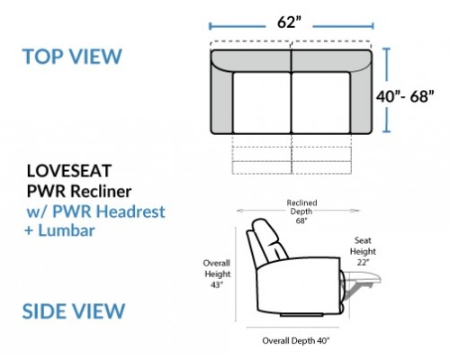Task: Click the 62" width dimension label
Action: [289, 22]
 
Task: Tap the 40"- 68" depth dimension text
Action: [405, 96]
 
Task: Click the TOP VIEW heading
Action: [72, 56]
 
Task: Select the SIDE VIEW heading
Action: [74, 310]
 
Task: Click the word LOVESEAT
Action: [69, 171]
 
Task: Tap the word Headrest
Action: [130, 211]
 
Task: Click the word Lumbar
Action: [67, 230]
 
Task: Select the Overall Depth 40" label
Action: [296, 341]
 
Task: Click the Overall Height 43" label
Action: [217, 274]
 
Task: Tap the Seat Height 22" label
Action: [363, 251]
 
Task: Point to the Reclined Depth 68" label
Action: [301, 211]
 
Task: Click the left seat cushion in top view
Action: [262, 103]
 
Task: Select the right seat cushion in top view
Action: [321, 103]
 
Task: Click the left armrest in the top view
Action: [222, 99]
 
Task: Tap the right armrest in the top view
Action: [361, 99]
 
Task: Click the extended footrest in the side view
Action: [362, 277]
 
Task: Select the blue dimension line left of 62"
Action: [237, 26]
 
